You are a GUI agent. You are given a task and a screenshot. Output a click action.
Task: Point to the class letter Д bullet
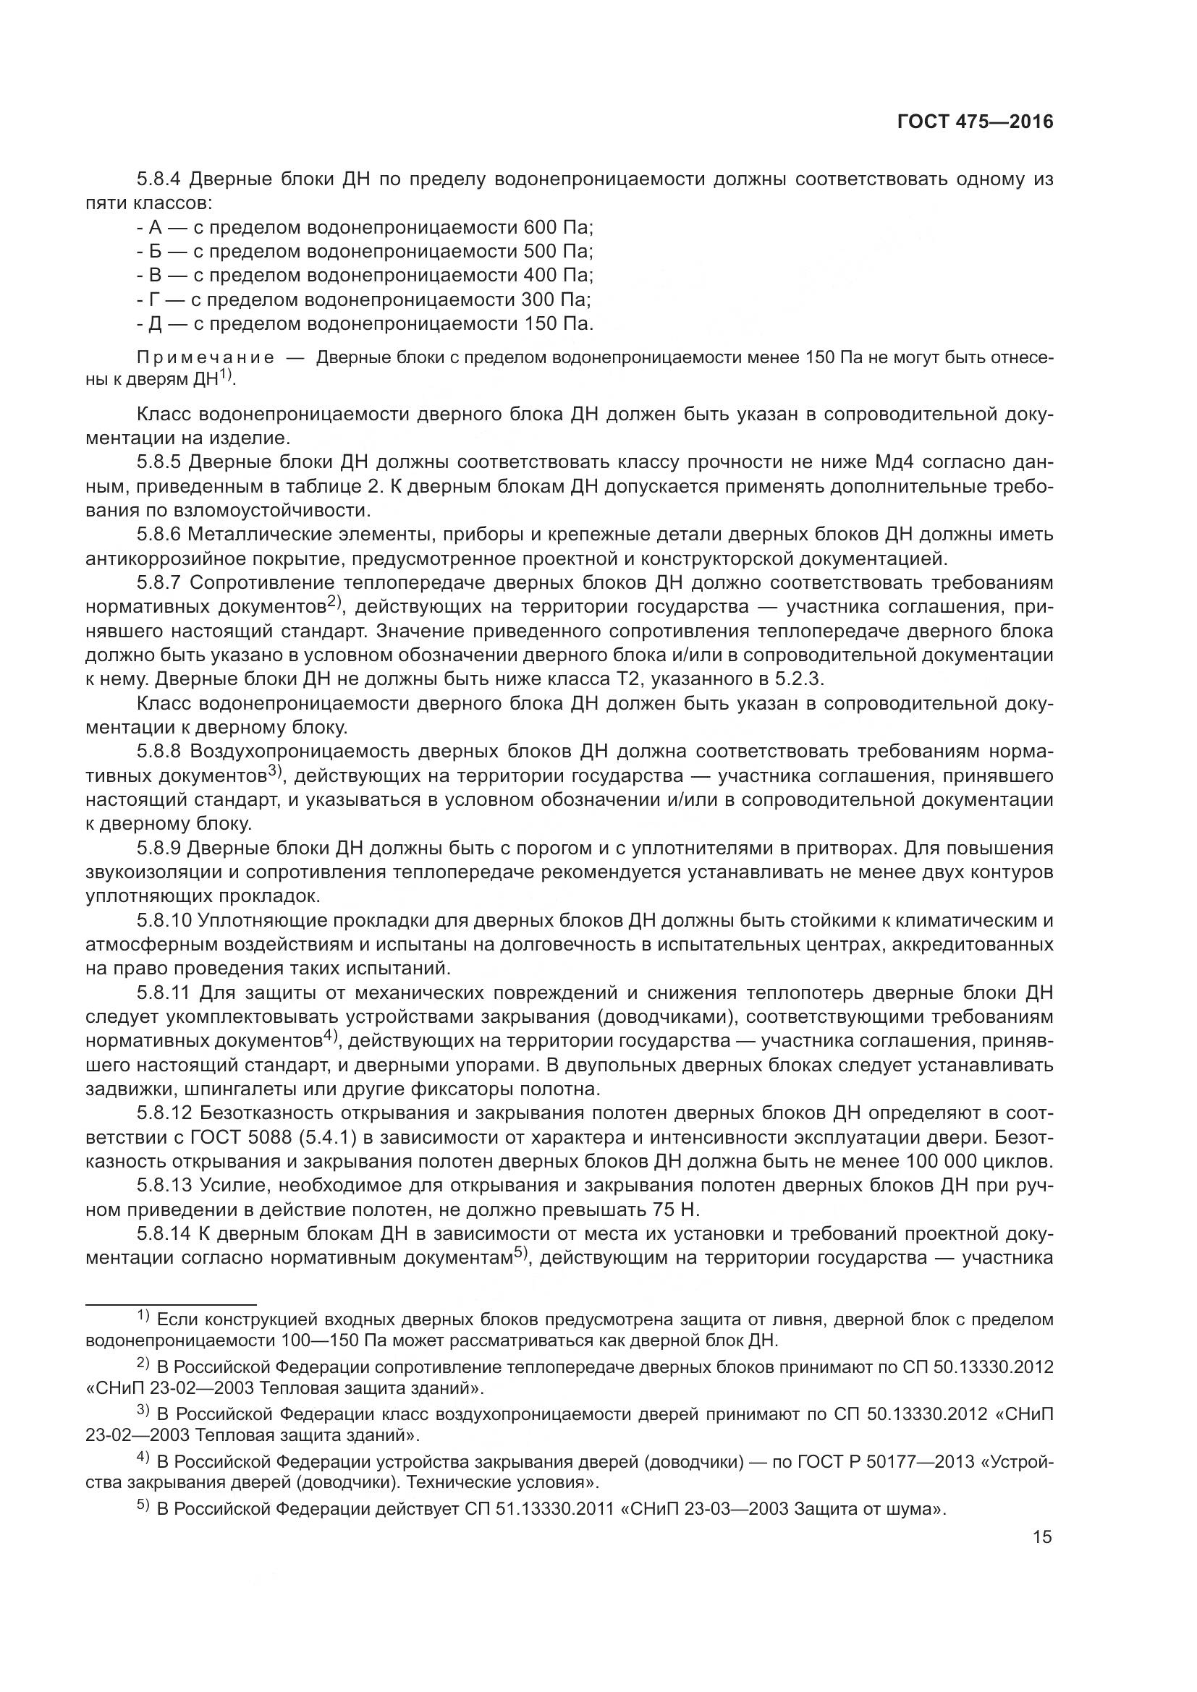[154, 323]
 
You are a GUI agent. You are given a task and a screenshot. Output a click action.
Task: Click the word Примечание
[206, 359]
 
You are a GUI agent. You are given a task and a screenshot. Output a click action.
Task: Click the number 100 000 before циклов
[947, 1162]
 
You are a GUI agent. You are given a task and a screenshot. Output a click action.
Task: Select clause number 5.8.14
[163, 1234]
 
